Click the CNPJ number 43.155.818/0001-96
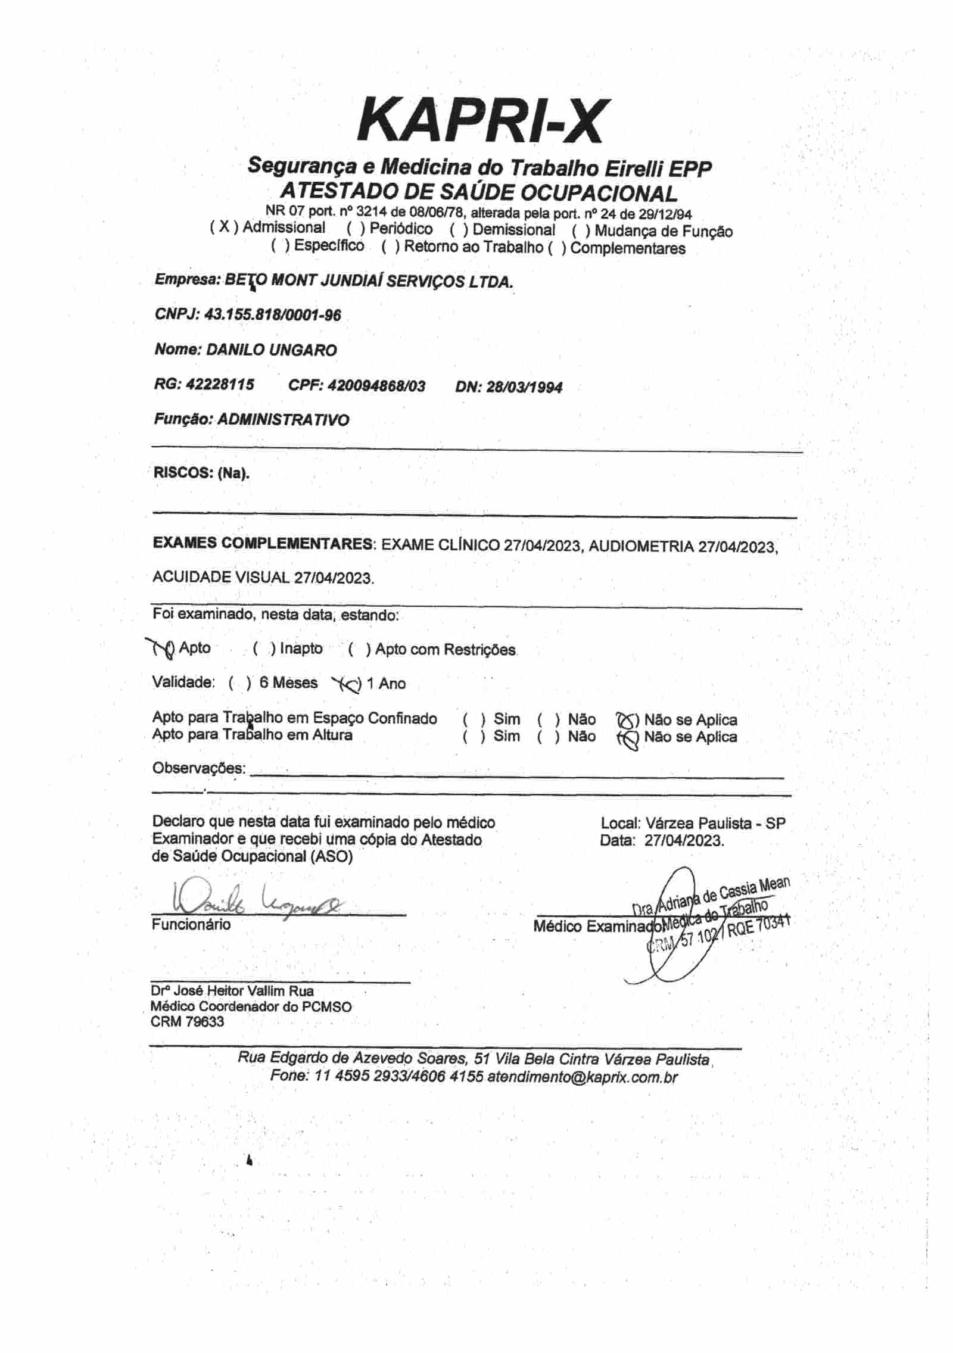273,315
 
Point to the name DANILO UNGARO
271,350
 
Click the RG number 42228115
220,385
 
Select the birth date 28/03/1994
524,388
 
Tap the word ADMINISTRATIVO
283,420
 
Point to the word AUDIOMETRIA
641,546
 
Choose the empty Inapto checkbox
264,649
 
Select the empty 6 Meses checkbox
240,683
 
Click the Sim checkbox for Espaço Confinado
474,719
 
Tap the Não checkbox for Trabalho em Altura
548,737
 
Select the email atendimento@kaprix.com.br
583,1077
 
